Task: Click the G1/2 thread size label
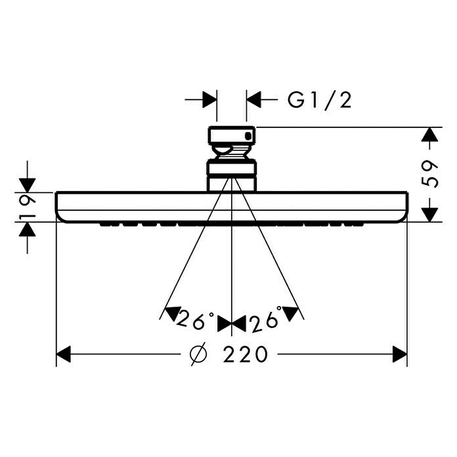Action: [x=319, y=100]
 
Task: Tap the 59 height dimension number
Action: [x=430, y=174]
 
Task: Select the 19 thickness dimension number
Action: [x=27, y=207]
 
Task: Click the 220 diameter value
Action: [x=245, y=354]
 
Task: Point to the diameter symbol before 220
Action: [x=198, y=354]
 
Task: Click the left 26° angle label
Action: [x=196, y=320]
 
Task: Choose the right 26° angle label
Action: [x=266, y=320]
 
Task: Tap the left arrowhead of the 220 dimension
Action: [x=63, y=354]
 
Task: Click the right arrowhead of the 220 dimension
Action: [x=400, y=354]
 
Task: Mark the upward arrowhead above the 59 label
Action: [x=429, y=135]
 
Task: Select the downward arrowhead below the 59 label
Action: [x=429, y=215]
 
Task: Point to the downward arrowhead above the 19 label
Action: [x=27, y=185]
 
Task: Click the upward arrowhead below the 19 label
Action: [x=27, y=229]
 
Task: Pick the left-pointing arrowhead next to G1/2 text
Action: [x=253, y=100]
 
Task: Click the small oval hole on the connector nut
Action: [x=248, y=136]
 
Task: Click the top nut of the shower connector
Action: [x=232, y=135]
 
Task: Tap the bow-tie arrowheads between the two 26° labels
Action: [x=232, y=324]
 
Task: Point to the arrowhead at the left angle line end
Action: [x=171, y=314]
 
